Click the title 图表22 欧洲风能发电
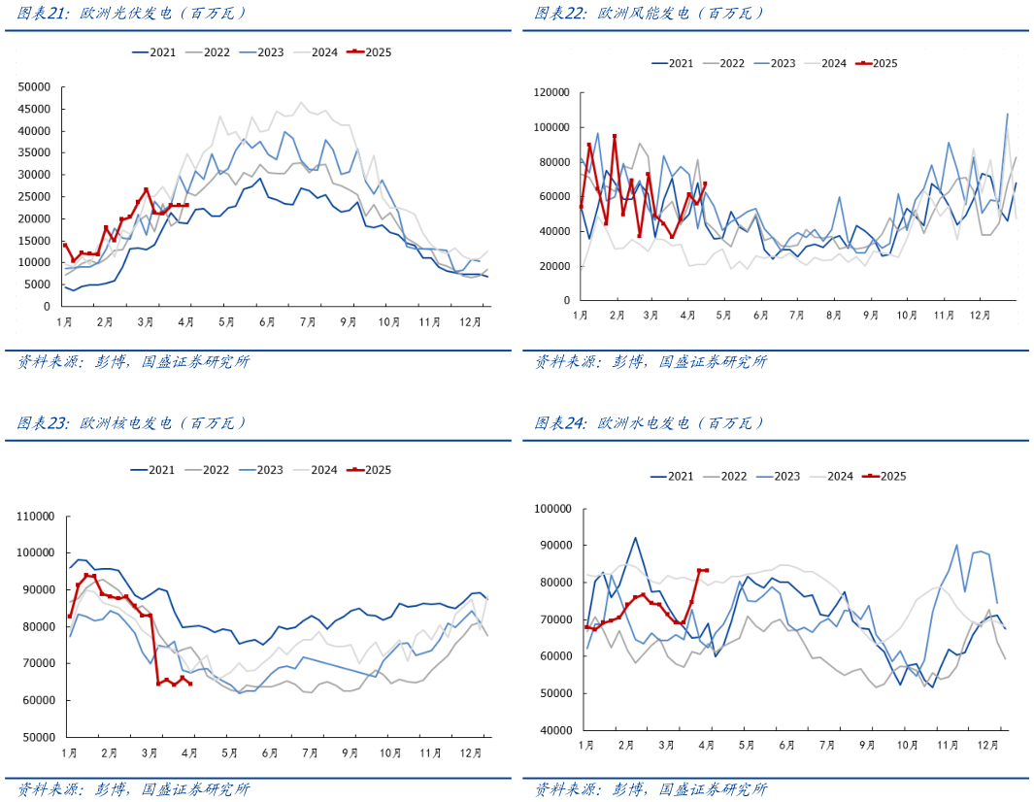pos(650,14)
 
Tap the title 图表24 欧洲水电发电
pos(650,423)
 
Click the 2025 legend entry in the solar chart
pos(371,52)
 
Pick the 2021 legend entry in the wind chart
pos(673,63)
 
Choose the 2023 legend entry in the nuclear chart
pos(262,470)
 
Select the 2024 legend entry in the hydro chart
pos(832,476)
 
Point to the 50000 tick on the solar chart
pos(35,86)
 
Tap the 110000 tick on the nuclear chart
pos(36,516)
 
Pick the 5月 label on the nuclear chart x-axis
pos(229,752)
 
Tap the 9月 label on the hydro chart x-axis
pos(867,745)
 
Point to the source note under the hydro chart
pos(650,789)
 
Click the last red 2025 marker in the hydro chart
pos(706,570)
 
